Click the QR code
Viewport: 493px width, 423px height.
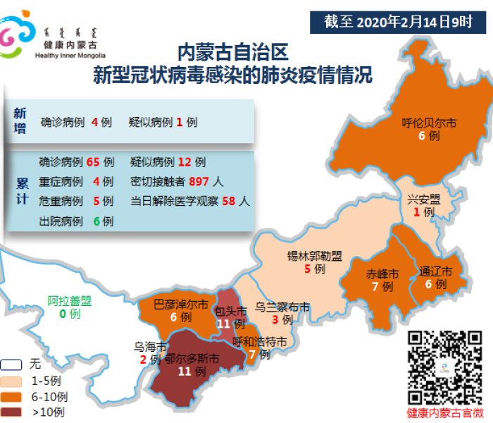click(445, 368)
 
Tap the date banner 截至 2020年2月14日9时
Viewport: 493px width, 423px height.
click(399, 21)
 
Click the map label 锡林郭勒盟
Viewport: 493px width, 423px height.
click(314, 255)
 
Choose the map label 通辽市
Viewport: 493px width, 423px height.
click(435, 271)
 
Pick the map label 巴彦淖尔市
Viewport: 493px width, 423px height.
click(181, 305)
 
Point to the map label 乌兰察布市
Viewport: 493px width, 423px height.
click(282, 307)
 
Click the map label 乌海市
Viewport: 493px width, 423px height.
click(150, 347)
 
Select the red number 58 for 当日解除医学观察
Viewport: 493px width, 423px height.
click(228, 201)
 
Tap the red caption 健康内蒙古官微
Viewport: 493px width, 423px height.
click(445, 413)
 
